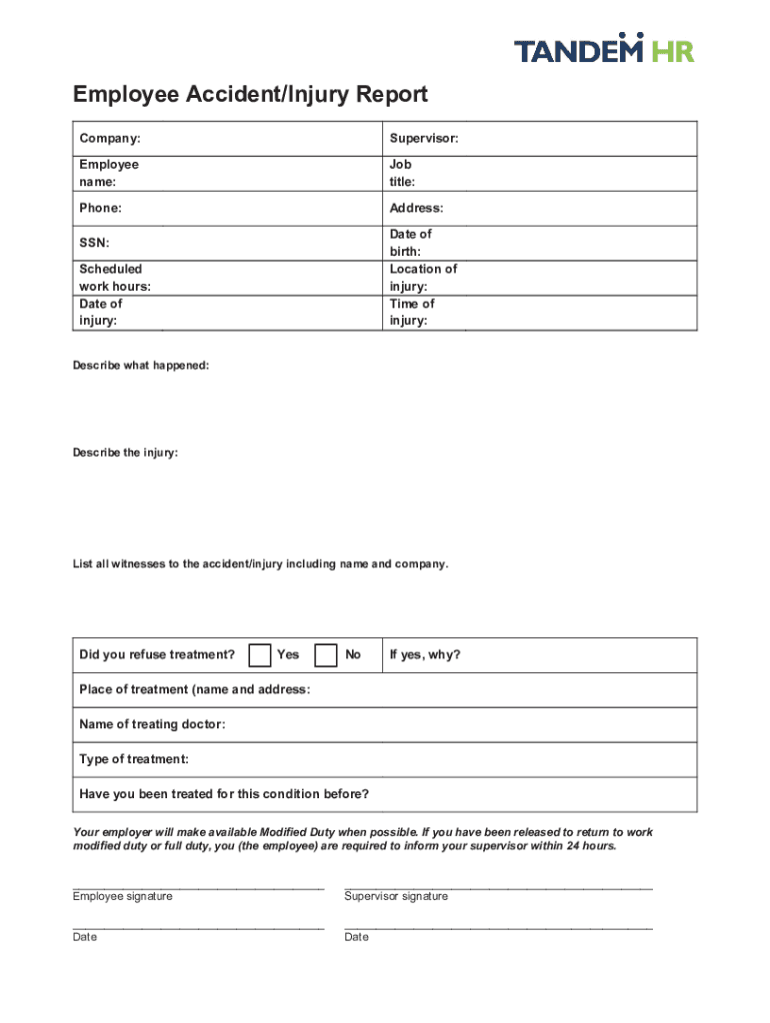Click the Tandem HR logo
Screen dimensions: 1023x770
pos(604,48)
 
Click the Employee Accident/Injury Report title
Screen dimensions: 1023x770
pos(250,95)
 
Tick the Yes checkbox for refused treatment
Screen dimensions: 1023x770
pos(260,655)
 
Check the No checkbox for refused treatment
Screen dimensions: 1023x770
pos(325,655)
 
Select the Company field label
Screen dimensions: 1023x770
pos(110,138)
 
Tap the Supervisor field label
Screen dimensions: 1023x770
pos(424,138)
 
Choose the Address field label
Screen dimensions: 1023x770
pos(416,208)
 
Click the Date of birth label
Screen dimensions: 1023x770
pos(410,243)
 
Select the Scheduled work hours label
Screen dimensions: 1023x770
pos(115,278)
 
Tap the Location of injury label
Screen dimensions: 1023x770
pos(423,278)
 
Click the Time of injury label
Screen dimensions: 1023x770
pos(412,312)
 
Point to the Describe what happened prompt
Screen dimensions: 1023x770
pos(141,366)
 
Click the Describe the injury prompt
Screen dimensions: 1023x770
pos(125,453)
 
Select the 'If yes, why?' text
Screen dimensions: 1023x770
pos(425,655)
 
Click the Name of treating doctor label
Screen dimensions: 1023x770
pos(152,724)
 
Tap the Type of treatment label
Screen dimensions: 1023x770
pos(134,759)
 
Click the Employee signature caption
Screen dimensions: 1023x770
pos(122,896)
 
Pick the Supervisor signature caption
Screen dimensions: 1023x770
pos(396,896)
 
